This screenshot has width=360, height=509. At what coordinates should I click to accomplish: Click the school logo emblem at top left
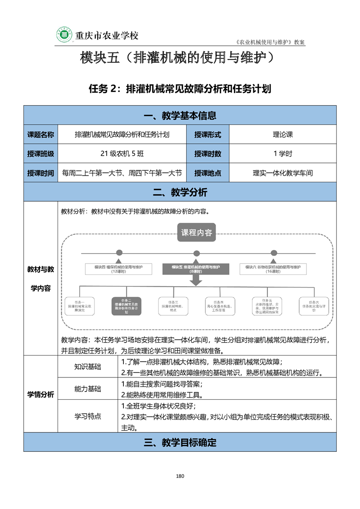coord(65,35)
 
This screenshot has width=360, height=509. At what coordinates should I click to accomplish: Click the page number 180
coord(180,476)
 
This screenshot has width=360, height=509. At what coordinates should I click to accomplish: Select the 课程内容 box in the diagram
coord(196,233)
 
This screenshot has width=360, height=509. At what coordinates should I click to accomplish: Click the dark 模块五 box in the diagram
coord(196,269)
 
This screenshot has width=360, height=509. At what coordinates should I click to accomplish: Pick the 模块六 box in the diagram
coord(273,269)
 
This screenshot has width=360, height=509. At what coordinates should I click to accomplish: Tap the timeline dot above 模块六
coord(273,253)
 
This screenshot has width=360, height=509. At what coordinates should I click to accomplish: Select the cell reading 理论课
coord(283,135)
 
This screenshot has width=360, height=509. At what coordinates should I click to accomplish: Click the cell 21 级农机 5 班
coord(122,154)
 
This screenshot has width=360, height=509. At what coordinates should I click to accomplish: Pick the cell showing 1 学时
coord(283,154)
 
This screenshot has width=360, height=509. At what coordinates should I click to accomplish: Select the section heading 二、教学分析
coord(180,192)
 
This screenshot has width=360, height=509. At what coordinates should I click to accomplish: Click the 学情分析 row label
coord(40,394)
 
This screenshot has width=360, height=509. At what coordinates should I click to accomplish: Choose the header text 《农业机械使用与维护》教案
coord(271,42)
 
